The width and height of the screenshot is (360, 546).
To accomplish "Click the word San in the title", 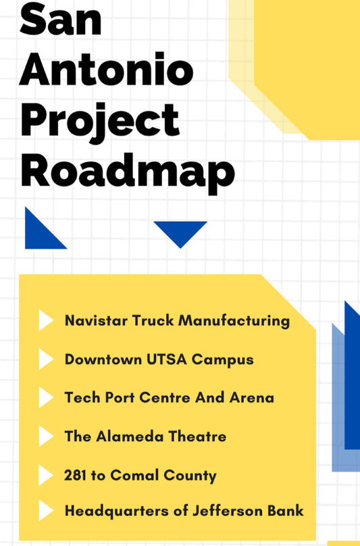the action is (61, 19).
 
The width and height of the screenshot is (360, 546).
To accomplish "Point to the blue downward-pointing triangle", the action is (180, 234).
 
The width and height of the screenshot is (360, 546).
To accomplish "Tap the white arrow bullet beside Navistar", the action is (46, 320).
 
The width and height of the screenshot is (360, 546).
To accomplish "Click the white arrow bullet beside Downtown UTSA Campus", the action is (46, 359).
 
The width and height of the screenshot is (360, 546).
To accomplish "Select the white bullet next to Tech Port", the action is (46, 397).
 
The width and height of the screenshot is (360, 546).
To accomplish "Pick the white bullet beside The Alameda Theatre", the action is (46, 436).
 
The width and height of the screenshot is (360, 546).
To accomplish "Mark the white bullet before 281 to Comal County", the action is (46, 475).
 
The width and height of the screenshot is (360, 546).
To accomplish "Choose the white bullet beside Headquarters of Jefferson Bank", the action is (46, 510).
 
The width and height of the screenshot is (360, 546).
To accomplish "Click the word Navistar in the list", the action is (96, 320).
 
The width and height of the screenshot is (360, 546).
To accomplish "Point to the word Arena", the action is (252, 397).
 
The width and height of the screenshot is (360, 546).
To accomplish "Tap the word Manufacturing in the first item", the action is (234, 321).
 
